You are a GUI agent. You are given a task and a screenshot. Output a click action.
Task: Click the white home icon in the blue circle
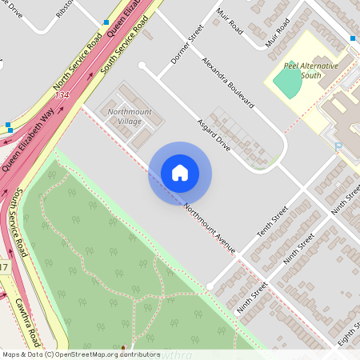(180, 173)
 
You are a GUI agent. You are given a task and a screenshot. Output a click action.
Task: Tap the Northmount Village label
(124, 116)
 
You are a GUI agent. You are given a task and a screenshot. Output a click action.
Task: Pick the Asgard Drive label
(213, 136)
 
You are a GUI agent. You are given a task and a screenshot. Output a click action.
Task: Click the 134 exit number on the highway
(62, 94)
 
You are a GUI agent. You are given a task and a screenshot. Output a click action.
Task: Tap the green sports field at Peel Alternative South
(288, 81)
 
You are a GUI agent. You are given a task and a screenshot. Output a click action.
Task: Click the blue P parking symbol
(338, 146)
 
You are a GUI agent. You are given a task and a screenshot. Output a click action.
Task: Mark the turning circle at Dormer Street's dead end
(142, 66)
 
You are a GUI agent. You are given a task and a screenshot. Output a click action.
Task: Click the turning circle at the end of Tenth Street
(210, 286)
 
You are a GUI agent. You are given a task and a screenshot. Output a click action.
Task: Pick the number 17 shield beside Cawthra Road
(4, 266)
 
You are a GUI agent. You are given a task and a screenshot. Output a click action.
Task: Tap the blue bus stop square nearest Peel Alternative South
(352, 38)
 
